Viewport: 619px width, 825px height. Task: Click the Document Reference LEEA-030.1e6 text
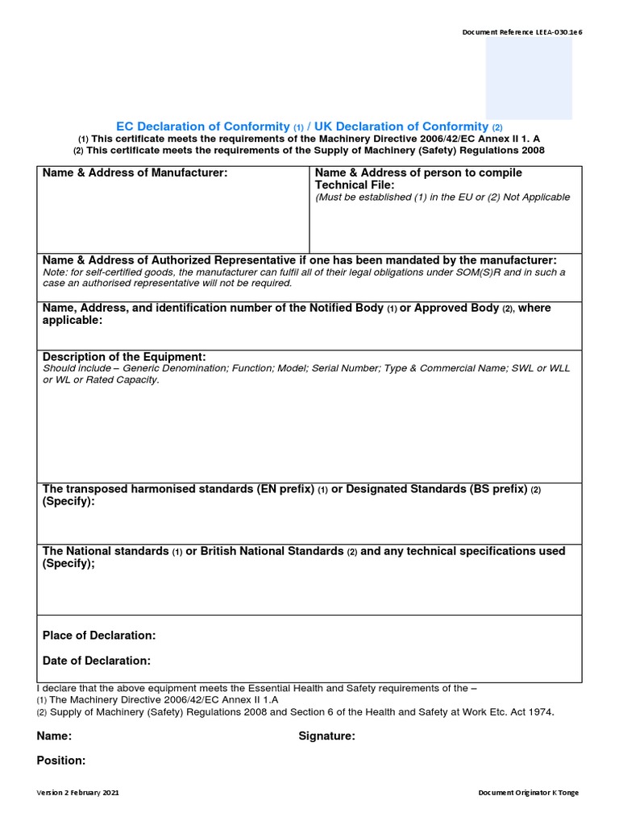coord(521,32)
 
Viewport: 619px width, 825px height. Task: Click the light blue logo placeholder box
coord(529,78)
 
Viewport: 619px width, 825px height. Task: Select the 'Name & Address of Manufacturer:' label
coord(135,173)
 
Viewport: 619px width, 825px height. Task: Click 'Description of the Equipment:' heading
coord(124,357)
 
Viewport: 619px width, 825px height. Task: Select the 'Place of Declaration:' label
coord(99,636)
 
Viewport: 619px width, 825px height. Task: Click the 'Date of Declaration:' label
coord(97,661)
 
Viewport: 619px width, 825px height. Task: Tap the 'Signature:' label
coord(326,736)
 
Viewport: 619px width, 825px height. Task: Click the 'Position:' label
coord(61,761)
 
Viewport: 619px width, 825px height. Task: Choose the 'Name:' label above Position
coord(54,736)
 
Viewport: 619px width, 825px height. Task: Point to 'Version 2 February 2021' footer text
coord(77,793)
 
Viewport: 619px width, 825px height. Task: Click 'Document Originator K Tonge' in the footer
coord(528,793)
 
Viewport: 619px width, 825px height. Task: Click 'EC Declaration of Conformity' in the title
coord(202,126)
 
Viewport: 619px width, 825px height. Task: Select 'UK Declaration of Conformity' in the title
coord(401,126)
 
